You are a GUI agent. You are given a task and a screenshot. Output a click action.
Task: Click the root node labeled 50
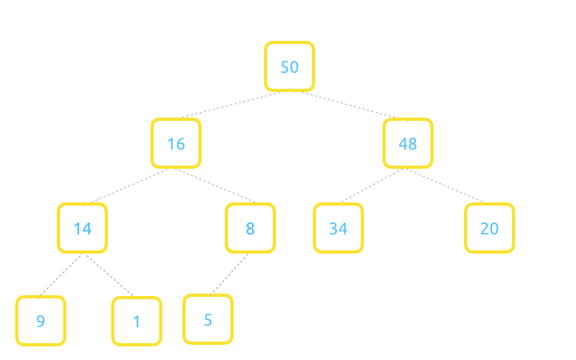[x=290, y=66]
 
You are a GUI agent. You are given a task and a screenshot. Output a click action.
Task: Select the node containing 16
[x=176, y=143]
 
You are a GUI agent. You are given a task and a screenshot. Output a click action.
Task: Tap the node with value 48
[x=408, y=143]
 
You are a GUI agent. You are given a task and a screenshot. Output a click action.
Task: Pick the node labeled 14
[x=82, y=228]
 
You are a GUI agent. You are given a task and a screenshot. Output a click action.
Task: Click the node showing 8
[x=250, y=228]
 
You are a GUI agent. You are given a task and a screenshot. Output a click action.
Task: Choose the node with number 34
[x=338, y=228]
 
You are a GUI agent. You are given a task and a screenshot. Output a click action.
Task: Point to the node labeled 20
[x=490, y=228]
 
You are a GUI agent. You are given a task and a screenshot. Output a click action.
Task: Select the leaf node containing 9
[x=41, y=321]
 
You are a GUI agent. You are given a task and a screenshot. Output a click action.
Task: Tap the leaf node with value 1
[x=137, y=322]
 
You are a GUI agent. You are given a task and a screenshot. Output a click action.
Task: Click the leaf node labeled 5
[x=208, y=319]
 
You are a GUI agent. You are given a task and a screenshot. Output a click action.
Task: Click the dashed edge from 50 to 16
[x=232, y=104]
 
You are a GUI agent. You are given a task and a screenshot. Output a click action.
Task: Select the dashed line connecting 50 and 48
[x=349, y=105]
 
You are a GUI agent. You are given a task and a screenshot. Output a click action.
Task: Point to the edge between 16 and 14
[x=130, y=185]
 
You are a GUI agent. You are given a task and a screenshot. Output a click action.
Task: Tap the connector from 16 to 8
[x=215, y=185]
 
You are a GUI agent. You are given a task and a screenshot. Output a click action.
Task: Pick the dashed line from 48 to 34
[x=372, y=185]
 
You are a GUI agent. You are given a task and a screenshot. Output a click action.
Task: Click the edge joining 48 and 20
[x=445, y=185]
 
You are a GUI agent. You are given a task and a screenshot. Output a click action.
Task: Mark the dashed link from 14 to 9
[x=60, y=274]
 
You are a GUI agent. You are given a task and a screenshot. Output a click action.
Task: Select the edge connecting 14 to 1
[x=109, y=274]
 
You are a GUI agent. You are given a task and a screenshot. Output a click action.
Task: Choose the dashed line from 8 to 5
[x=230, y=274]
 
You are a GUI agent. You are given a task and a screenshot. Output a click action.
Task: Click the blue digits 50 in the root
[x=290, y=67]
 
